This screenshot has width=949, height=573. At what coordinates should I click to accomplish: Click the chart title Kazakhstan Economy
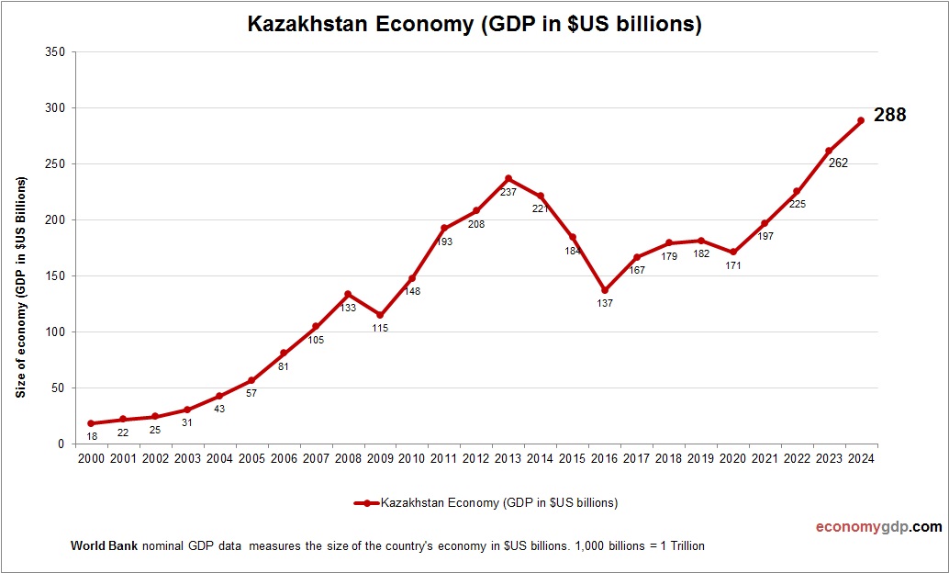click(x=474, y=25)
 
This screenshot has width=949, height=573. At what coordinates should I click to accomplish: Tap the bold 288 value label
click(x=889, y=115)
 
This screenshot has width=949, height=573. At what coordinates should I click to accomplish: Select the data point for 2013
click(x=508, y=179)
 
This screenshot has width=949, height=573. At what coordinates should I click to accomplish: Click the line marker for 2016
click(x=605, y=290)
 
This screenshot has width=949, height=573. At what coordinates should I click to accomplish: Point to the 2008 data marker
click(x=348, y=295)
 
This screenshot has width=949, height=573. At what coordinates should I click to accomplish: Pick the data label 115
click(x=380, y=328)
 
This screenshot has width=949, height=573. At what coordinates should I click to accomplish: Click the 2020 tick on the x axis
click(x=732, y=459)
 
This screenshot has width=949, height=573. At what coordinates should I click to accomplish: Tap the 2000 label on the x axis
click(x=91, y=459)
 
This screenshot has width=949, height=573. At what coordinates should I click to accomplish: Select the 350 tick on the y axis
click(x=54, y=52)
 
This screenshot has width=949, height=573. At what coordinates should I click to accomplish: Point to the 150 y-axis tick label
click(x=54, y=276)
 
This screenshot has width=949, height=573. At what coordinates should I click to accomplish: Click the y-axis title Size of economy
click(x=20, y=286)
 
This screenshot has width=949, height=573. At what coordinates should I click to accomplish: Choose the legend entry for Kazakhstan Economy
click(x=486, y=502)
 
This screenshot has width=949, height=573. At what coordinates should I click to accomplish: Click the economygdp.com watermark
click(x=878, y=527)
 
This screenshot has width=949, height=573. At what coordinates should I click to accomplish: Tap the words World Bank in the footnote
click(x=104, y=545)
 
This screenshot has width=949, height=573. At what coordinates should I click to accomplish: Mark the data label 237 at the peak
click(x=508, y=193)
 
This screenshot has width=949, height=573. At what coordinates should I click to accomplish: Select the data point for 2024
click(x=861, y=120)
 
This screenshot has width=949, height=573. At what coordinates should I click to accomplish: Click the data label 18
click(x=91, y=436)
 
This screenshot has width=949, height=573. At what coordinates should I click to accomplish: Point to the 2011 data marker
click(x=444, y=229)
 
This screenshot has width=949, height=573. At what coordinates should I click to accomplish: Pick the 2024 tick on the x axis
click(x=861, y=459)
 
